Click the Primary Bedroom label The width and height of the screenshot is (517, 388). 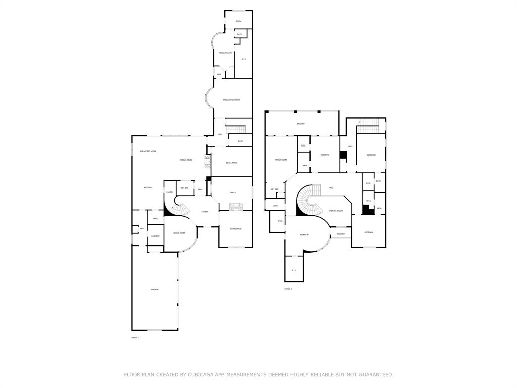231,100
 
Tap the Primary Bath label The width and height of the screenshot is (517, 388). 226,53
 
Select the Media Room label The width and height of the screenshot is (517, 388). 231,163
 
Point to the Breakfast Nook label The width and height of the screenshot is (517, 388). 148,152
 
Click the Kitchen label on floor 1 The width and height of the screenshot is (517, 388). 148,188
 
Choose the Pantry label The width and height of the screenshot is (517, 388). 170,192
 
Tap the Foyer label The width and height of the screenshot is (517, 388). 204,212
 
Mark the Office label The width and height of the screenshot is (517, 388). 233,193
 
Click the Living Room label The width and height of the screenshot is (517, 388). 236,229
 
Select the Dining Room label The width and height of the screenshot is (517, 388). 179,233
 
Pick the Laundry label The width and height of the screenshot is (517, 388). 156,236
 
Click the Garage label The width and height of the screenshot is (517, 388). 154,290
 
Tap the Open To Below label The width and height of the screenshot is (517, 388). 336,211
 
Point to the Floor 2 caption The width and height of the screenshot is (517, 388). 288,289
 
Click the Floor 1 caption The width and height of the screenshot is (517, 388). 135,337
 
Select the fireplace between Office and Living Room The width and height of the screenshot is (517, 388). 236,207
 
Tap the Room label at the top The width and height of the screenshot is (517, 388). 238,21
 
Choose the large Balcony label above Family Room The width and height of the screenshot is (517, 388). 301,124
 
